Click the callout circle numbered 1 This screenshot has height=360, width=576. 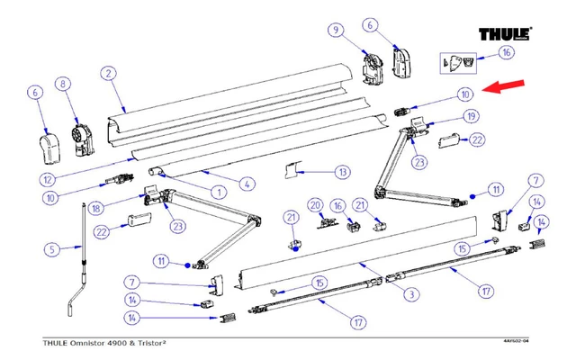(x=217, y=191)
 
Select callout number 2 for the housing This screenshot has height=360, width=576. (x=107, y=73)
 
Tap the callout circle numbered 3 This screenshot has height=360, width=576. (x=409, y=293)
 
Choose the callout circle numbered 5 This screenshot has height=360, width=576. (x=51, y=248)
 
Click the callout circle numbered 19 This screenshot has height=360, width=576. (x=470, y=117)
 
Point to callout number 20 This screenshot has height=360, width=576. (x=316, y=204)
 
